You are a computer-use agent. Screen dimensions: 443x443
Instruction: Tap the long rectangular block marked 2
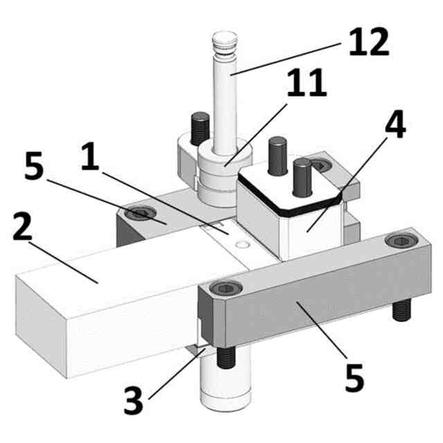[104, 305]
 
